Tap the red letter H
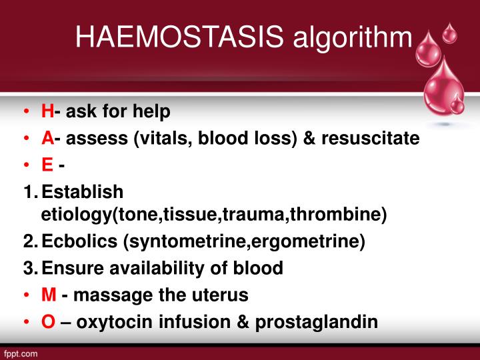point(47,111)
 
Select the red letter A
point(47,138)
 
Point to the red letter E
point(47,165)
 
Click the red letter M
point(49,295)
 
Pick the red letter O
point(48,321)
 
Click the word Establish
point(82,192)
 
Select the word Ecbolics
point(79,242)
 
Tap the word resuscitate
point(370,138)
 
